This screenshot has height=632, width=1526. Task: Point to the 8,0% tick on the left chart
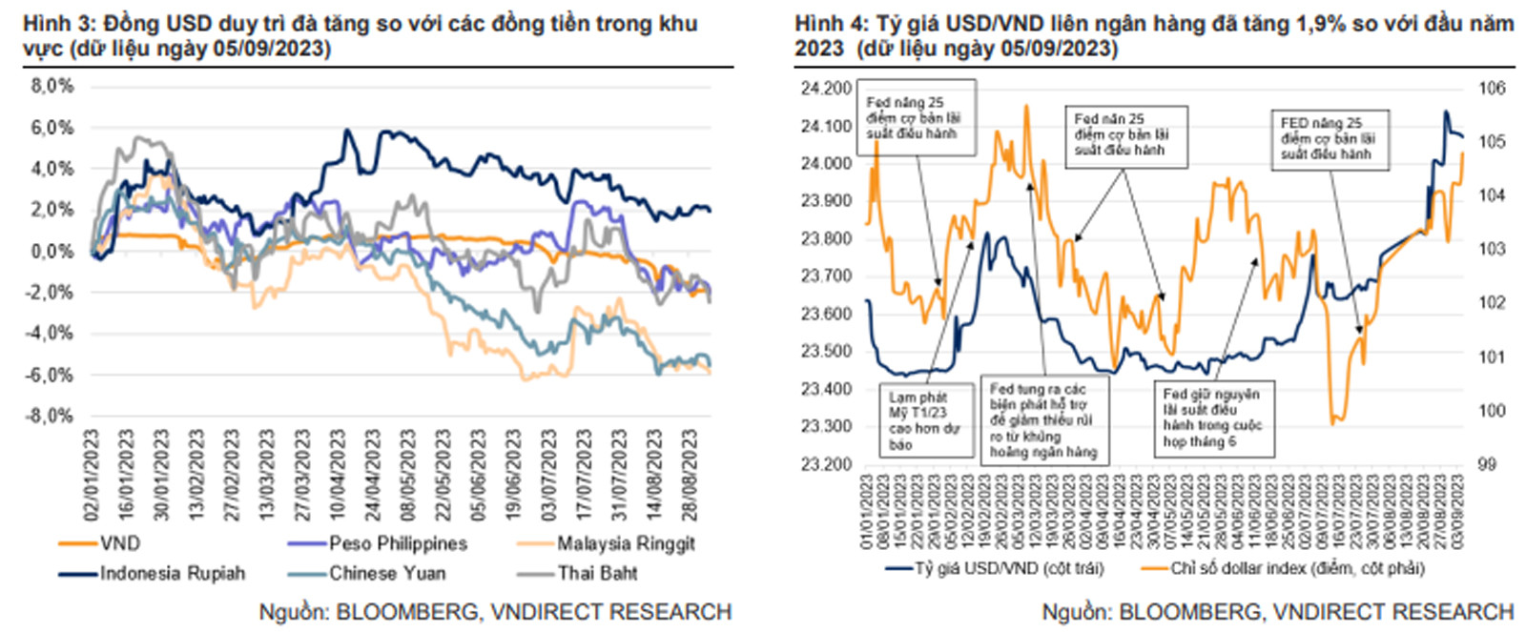point(52,86)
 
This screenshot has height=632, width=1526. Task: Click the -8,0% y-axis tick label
point(51,416)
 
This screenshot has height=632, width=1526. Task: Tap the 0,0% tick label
point(52,252)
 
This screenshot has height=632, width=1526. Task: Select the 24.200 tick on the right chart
point(826,89)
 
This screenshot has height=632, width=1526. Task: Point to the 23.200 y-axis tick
point(826,464)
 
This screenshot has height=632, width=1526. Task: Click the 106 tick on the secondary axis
point(1491,89)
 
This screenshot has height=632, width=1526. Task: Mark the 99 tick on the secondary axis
point(1487,464)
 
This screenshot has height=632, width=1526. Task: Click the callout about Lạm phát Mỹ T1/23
point(923,420)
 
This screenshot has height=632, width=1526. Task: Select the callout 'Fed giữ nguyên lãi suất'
point(1212,417)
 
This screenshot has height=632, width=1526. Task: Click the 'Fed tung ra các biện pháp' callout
point(1044,420)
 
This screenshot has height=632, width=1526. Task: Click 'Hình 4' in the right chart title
point(827,24)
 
